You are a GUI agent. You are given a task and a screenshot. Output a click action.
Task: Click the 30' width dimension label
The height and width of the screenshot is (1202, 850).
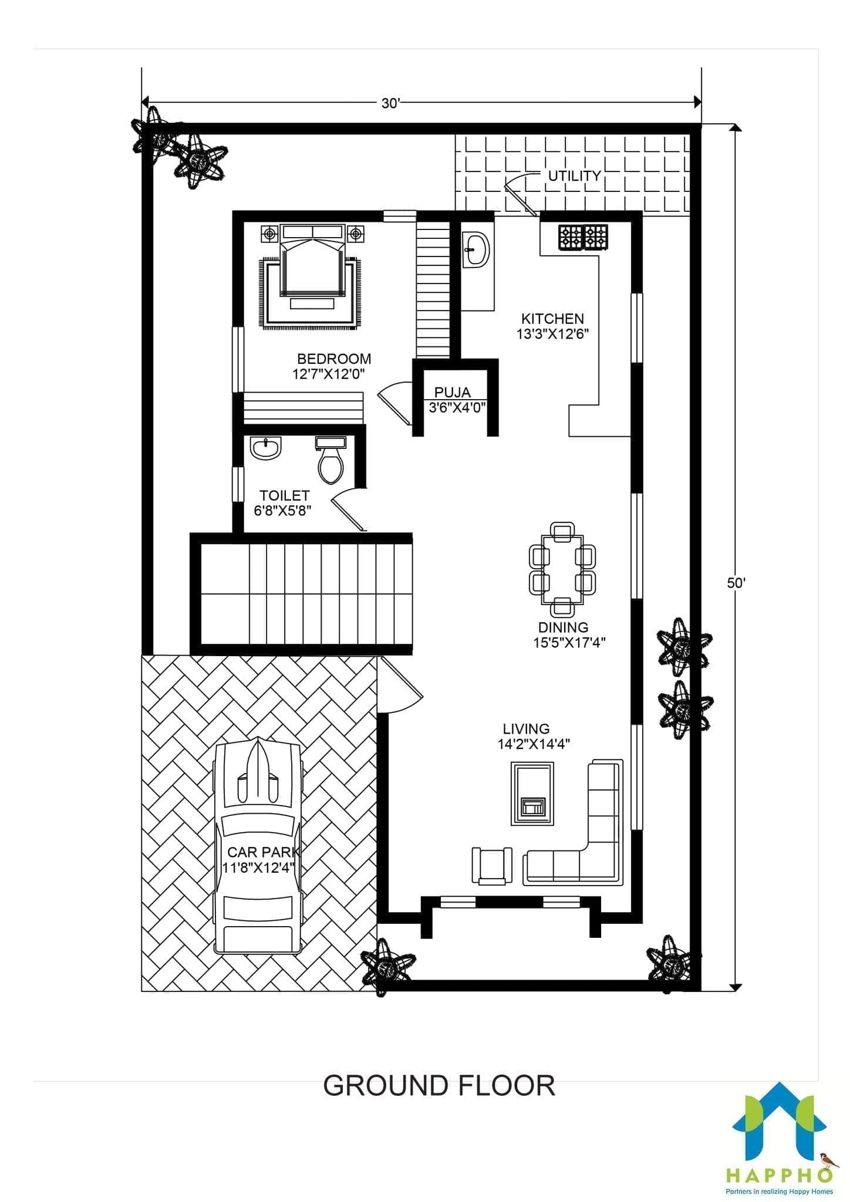pos(390,103)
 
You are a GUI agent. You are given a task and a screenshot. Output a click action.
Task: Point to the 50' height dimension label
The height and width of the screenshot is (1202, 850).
pos(737,583)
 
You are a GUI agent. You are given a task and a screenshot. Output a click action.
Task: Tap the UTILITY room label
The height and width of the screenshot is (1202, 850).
pos(574,175)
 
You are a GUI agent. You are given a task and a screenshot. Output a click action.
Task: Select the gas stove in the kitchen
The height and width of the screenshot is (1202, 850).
pos(583,237)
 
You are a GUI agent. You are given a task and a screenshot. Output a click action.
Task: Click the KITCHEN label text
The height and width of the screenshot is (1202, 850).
pos(552,319)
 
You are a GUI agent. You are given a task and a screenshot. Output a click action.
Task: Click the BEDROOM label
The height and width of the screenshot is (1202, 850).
pos(334,359)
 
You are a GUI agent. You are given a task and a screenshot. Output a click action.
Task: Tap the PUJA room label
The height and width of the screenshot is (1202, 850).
pos(452,392)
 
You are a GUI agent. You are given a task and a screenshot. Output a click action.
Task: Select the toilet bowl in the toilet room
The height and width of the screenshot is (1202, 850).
pos(330,460)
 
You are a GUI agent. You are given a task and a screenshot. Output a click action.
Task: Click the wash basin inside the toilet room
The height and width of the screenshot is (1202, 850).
pos(265,448)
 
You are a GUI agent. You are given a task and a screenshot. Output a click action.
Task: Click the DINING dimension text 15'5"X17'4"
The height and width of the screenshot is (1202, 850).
pos(569,643)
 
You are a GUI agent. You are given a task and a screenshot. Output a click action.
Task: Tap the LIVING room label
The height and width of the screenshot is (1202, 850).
pos(526,729)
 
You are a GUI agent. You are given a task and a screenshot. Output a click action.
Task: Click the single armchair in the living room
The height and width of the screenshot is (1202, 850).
pos(492,866)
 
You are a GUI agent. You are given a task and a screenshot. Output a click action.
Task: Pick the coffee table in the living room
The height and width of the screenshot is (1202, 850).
pos(532,793)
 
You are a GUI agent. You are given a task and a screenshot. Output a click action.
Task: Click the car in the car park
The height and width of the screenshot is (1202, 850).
pos(258,846)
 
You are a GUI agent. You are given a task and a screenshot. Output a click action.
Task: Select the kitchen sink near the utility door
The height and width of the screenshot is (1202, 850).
pos(476,250)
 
